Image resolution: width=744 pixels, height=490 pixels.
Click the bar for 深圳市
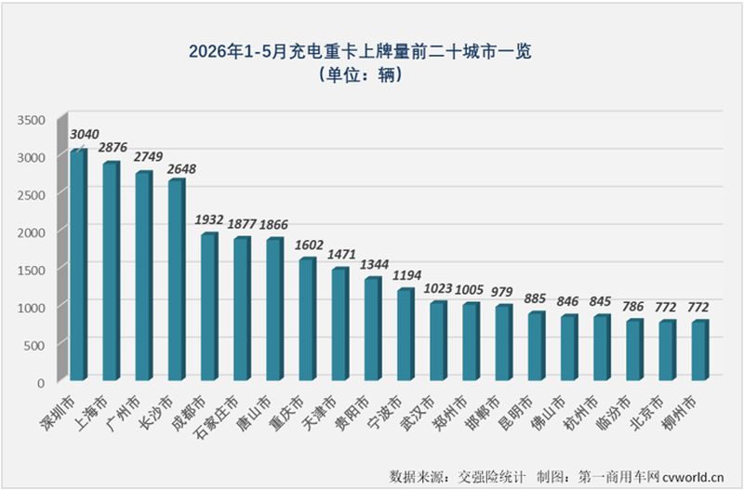point(79,265)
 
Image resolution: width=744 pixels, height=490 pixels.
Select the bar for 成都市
point(210,307)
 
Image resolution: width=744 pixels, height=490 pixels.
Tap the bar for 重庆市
point(308,319)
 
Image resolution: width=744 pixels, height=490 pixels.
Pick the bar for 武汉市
point(439,340)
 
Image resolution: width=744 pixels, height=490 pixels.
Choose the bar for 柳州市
point(700,351)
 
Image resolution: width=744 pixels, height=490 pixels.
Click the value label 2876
point(113,148)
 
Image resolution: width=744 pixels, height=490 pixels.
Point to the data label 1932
point(209,219)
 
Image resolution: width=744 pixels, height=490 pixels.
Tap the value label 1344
point(374,264)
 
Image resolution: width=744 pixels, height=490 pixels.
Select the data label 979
point(502,292)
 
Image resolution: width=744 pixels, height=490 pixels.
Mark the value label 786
point(633,307)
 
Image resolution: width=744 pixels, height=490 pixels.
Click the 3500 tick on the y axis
point(32,120)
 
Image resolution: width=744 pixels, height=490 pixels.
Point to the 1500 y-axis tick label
point(32,270)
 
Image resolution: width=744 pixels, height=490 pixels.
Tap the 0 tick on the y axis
point(41,382)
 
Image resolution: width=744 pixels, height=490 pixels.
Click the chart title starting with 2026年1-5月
point(360,51)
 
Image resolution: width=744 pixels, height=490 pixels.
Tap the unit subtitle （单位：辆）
point(361,74)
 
